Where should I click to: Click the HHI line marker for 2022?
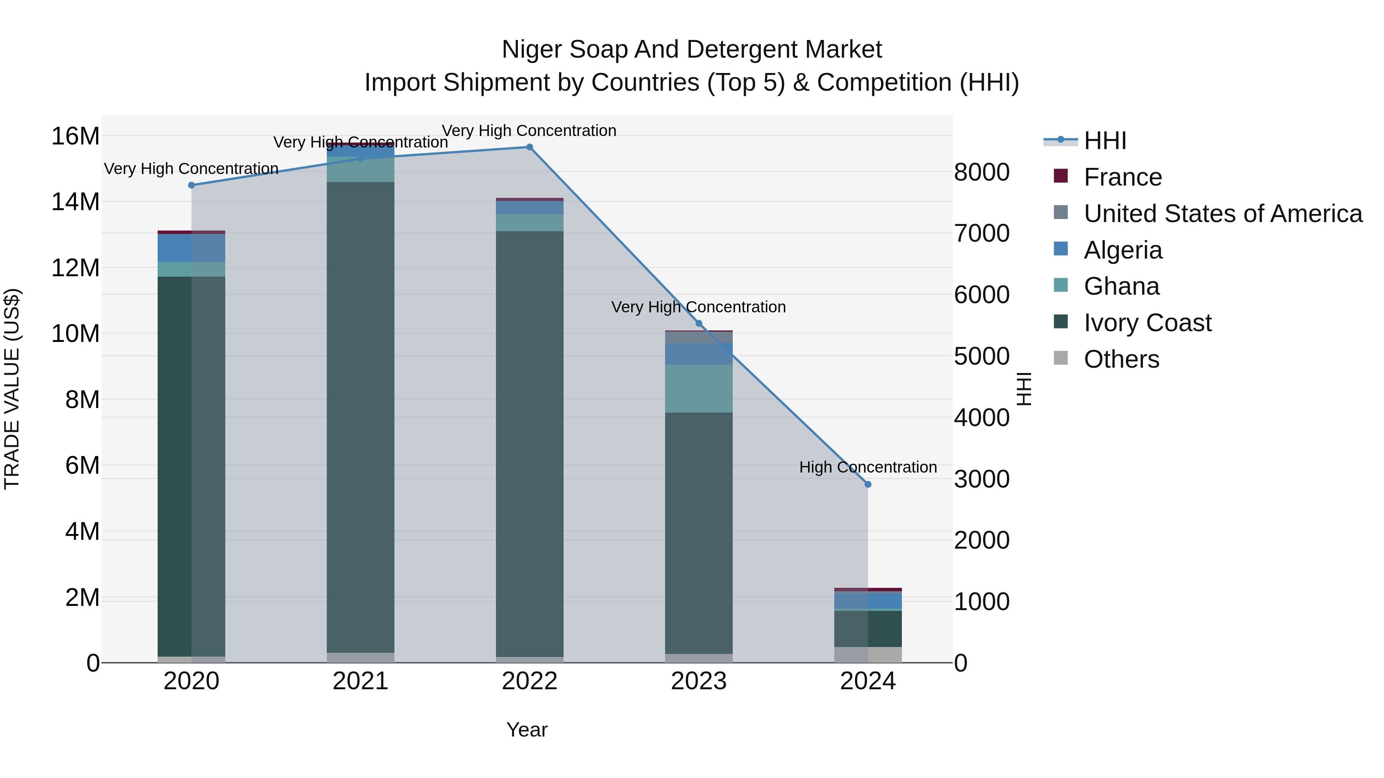click(x=529, y=147)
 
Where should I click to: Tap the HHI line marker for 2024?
click(x=868, y=484)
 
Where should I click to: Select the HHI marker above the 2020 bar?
click(x=191, y=185)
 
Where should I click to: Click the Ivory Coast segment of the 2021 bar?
click(x=361, y=419)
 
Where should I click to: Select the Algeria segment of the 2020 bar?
click(x=191, y=248)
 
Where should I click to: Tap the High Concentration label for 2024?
click(x=868, y=467)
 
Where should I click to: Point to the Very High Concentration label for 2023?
click(x=699, y=307)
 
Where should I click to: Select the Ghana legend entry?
click(x=1121, y=286)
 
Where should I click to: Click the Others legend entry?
click(x=1121, y=359)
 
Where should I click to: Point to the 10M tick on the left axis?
click(x=75, y=334)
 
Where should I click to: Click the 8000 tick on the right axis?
click(x=981, y=173)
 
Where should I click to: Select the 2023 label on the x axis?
click(x=699, y=681)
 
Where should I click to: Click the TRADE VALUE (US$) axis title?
click(x=12, y=389)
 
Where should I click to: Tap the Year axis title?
click(x=527, y=730)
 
